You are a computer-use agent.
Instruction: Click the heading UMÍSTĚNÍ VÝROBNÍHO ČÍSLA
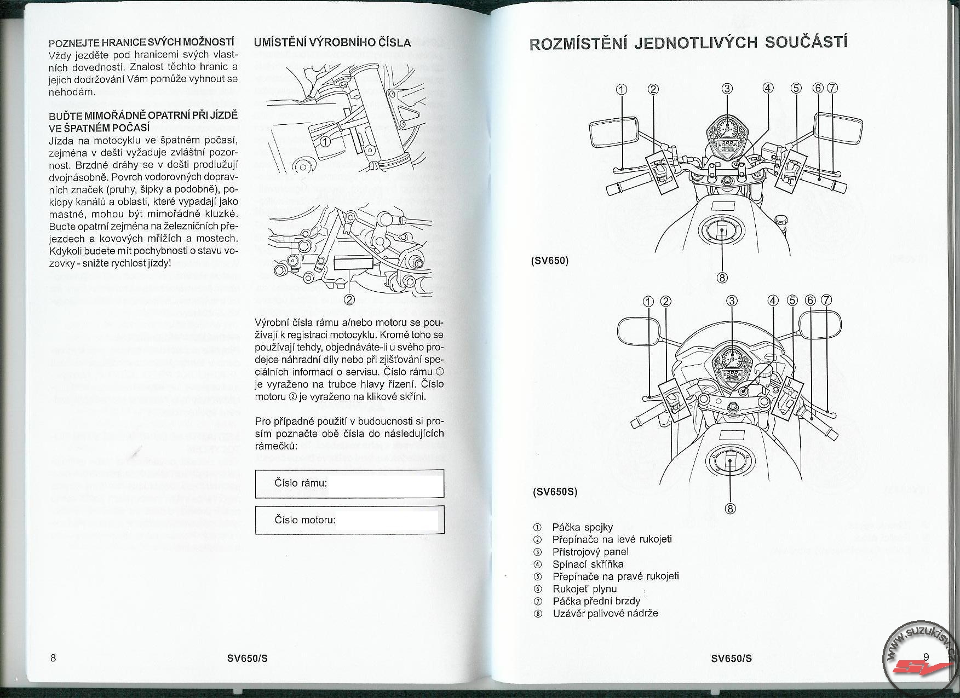tap(332, 43)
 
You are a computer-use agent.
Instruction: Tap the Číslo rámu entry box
tap(349, 483)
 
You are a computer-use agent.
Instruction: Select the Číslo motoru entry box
tap(349, 520)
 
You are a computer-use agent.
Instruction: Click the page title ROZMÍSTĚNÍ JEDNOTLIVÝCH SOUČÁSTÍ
tap(688, 43)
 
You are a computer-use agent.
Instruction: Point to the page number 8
tap(53, 657)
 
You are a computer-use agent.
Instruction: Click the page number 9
tap(926, 657)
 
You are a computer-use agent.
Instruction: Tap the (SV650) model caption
tap(550, 261)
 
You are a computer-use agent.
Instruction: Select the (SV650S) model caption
tap(554, 491)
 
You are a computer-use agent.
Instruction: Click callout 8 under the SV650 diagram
tap(722, 278)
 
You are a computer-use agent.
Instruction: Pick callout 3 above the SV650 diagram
tap(727, 89)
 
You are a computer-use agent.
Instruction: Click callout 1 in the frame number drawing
tap(325, 142)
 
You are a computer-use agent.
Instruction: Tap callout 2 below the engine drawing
tap(349, 299)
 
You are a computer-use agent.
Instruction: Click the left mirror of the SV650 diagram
tap(613, 132)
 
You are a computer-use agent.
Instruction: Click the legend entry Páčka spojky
tap(582, 527)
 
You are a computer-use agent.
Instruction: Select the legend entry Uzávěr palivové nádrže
tap(605, 613)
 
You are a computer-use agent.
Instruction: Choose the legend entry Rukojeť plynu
tap(584, 589)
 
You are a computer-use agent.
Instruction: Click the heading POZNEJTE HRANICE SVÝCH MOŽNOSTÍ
tap(141, 43)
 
